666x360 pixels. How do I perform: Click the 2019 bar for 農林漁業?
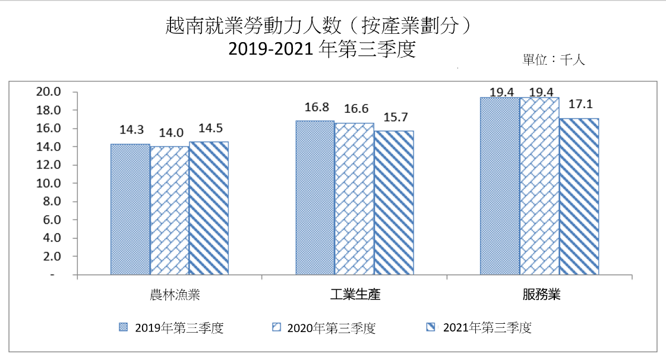130,210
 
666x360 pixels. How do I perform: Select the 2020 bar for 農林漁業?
169,211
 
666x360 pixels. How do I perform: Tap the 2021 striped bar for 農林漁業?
209,209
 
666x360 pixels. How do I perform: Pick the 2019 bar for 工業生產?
315,198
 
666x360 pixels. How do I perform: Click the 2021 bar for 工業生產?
393,203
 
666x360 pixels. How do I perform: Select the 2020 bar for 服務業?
539,186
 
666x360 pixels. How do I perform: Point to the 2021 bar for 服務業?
579,197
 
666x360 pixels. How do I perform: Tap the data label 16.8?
315,108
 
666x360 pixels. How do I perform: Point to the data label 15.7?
393,118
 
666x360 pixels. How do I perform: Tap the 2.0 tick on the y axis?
51,257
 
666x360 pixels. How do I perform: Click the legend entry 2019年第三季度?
172,328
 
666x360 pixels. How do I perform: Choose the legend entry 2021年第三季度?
480,328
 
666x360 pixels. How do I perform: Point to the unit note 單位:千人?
553,60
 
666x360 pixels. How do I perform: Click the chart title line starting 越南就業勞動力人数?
321,26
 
